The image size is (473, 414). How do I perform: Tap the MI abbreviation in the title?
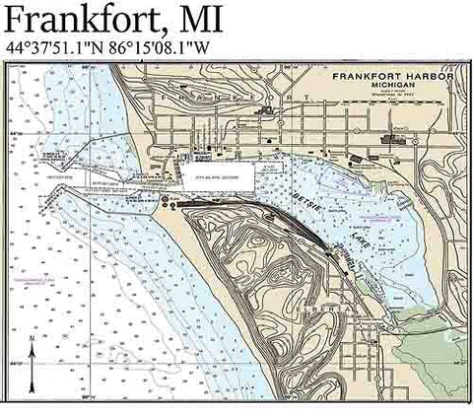pyautogui.click(x=196, y=19)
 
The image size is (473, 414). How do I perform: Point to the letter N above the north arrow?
pyautogui.click(x=33, y=339)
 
